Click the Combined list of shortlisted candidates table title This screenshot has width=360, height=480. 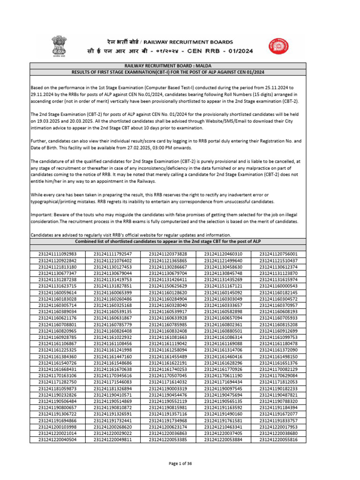click(180, 240)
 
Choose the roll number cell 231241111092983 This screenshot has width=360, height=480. click(58, 254)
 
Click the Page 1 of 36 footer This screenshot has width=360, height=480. click(180, 464)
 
